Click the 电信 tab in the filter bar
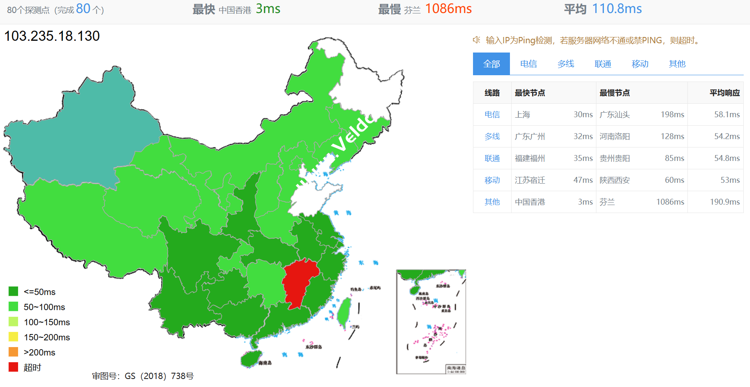(528, 64)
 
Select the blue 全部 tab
(491, 64)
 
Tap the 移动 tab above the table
(640, 64)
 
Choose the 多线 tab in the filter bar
(566, 64)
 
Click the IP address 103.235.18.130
(52, 36)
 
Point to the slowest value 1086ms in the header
(448, 9)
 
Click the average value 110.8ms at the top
(617, 9)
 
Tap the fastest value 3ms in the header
(268, 9)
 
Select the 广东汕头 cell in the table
(614, 115)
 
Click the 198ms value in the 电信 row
(672, 115)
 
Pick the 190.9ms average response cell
(724, 202)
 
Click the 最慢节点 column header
(614, 93)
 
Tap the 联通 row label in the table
(492, 158)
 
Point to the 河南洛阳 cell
(614, 137)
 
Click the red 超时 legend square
(13, 367)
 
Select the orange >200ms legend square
(13, 352)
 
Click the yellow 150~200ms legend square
(13, 337)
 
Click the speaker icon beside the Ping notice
(476, 40)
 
